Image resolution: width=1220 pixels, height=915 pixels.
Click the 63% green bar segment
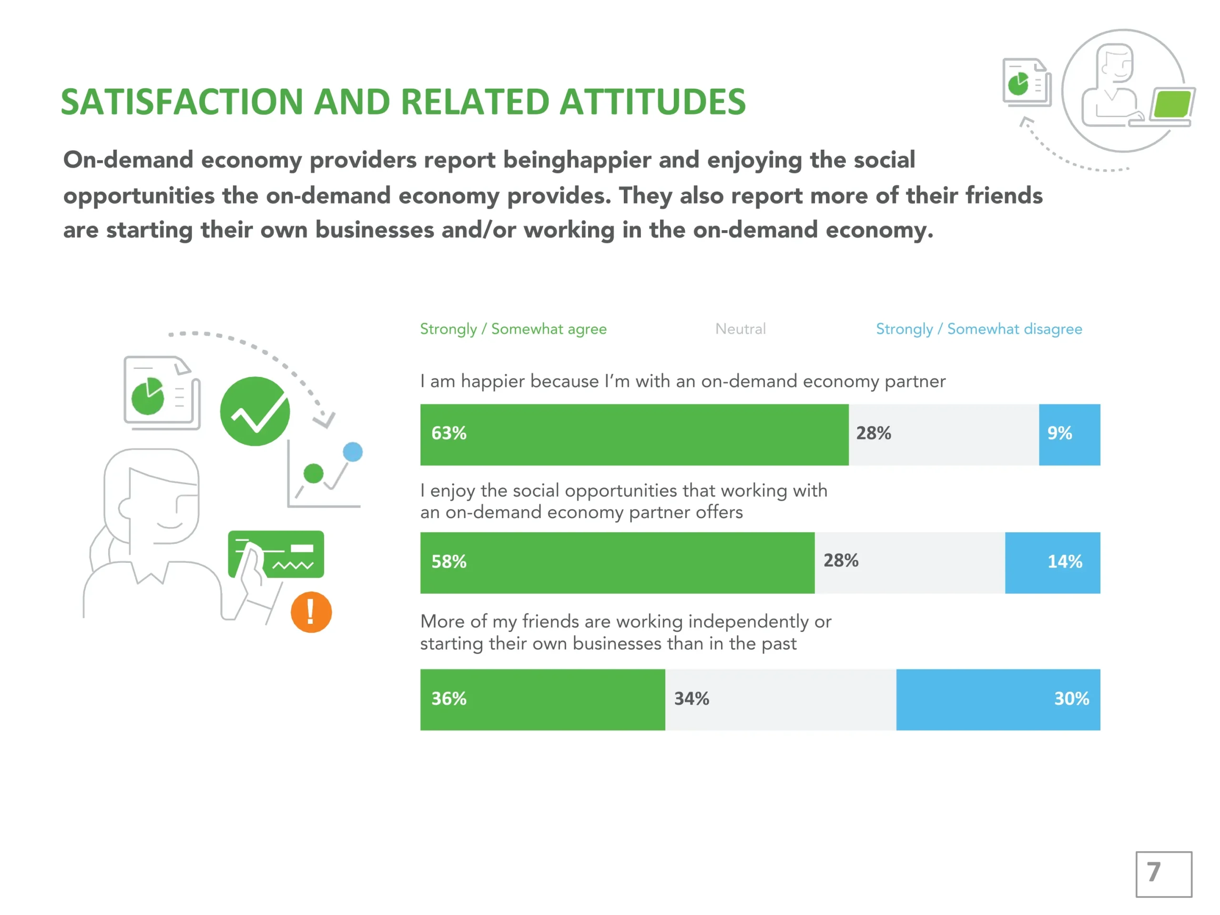(x=634, y=435)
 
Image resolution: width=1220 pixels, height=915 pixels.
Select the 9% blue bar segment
(x=1069, y=435)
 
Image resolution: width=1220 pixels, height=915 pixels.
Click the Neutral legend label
(x=740, y=329)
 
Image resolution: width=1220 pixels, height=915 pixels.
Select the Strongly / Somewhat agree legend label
(x=513, y=329)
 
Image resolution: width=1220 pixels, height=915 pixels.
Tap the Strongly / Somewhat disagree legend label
(x=978, y=329)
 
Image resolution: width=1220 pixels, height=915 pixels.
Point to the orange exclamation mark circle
(x=311, y=612)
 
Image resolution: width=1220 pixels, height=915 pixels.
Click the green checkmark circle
(x=255, y=411)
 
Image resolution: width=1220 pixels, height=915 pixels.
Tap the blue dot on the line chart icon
(x=353, y=452)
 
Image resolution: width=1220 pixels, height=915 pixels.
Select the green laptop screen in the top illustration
(x=1171, y=105)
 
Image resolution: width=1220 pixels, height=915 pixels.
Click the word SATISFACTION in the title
(x=182, y=102)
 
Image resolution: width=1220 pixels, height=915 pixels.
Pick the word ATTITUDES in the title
(x=652, y=102)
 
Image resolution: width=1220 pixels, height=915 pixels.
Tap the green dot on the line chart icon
(x=313, y=473)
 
